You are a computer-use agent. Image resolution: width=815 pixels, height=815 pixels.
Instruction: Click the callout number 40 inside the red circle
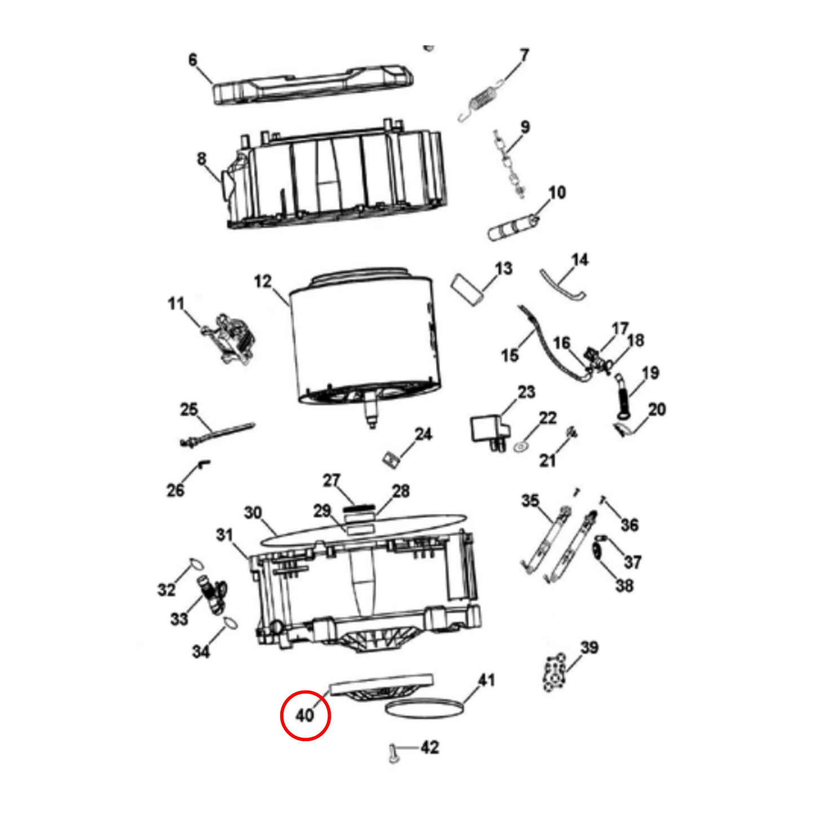click(305, 716)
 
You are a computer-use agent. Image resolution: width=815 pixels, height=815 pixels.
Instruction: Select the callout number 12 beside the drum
click(263, 281)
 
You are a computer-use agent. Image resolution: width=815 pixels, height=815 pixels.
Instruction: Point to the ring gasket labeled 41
click(425, 708)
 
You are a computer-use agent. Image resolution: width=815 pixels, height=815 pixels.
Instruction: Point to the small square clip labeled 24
click(390, 460)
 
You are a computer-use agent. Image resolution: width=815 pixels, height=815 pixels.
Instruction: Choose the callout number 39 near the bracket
click(589, 647)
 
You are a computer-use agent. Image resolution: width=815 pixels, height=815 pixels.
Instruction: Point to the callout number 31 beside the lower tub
click(224, 535)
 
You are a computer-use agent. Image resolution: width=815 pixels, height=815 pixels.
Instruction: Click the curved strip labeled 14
click(563, 284)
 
